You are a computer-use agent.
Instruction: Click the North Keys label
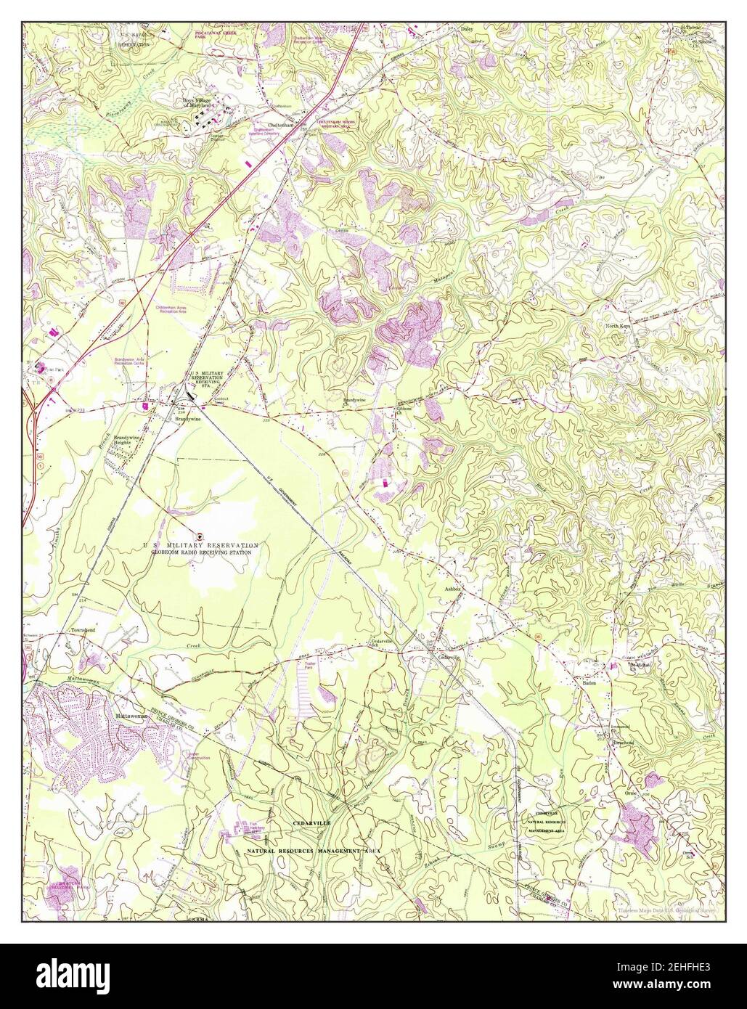[621, 327]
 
